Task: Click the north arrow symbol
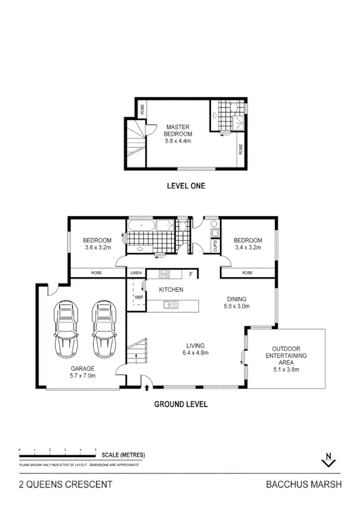tap(328, 459)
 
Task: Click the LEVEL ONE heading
tap(186, 186)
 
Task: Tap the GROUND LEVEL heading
tap(181, 404)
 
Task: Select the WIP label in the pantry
tap(138, 296)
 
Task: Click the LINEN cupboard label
tap(136, 274)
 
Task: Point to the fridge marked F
tap(191, 274)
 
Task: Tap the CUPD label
tap(215, 245)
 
